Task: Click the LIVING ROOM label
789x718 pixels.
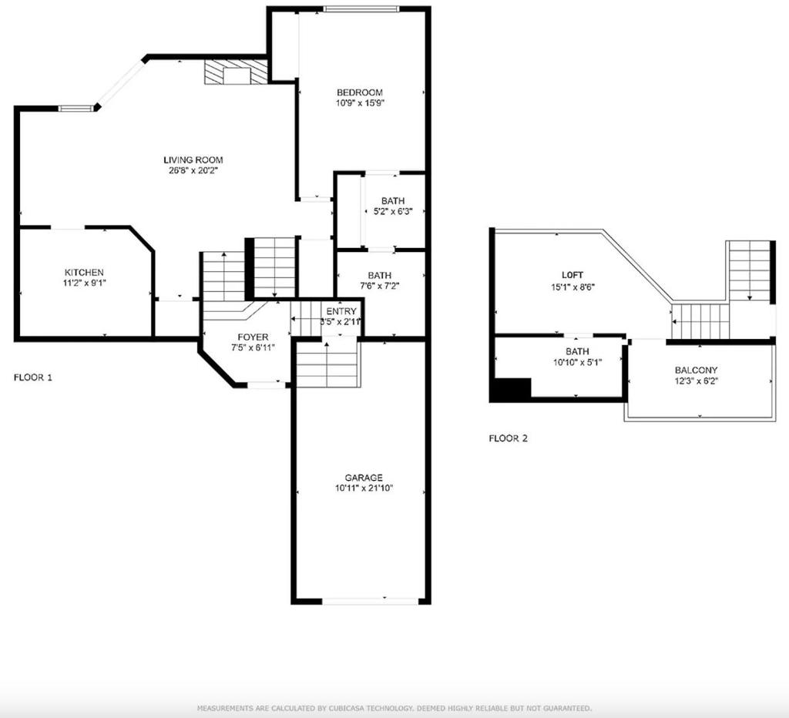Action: click(x=193, y=160)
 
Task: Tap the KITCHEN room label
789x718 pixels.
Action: click(x=84, y=273)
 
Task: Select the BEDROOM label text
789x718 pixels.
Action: click(x=359, y=92)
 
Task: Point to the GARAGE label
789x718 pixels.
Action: click(x=364, y=478)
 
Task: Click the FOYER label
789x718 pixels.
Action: click(x=253, y=337)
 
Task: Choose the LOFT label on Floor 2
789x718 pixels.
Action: click(x=572, y=275)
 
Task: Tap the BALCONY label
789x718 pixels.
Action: click(x=697, y=371)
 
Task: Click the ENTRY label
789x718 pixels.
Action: click(x=341, y=311)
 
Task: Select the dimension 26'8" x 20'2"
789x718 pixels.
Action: click(x=193, y=170)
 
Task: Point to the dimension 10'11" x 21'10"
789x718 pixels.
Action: click(x=364, y=488)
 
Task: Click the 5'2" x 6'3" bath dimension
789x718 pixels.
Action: click(x=393, y=212)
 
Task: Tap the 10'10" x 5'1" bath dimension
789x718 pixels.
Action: click(x=577, y=362)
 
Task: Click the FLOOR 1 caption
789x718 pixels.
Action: click(x=32, y=377)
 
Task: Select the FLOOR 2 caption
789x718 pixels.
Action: click(x=509, y=438)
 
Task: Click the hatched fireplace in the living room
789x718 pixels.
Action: click(x=235, y=72)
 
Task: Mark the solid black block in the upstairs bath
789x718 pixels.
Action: click(x=511, y=390)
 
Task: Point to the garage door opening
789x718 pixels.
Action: click(x=370, y=601)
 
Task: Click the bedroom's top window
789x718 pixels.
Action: click(x=361, y=8)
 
